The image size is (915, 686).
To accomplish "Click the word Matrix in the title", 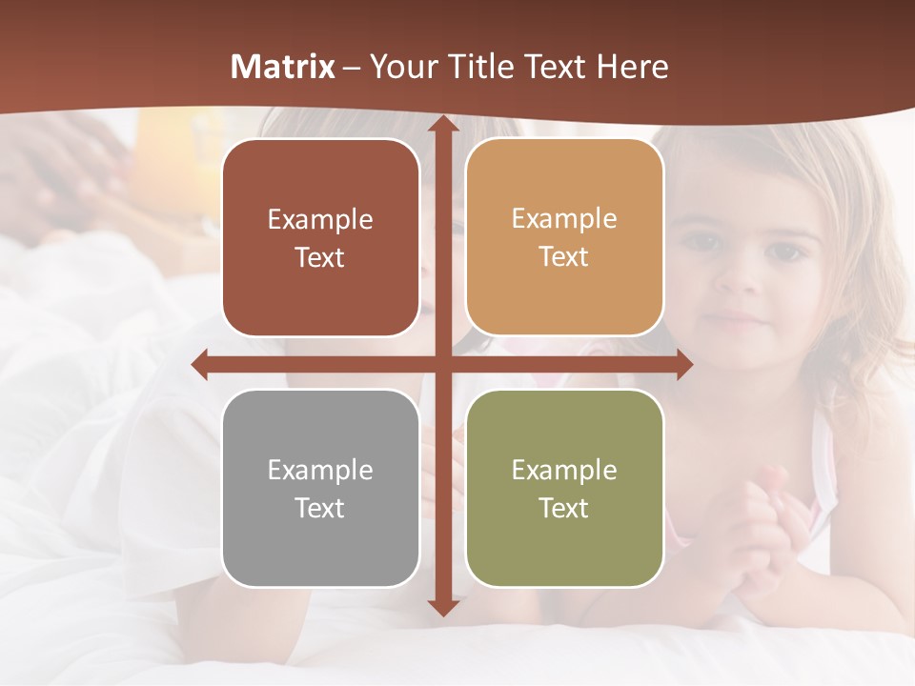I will tap(283, 67).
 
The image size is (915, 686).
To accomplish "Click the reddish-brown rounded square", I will tap(320, 237).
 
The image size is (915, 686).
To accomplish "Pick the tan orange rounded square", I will tap(564, 237).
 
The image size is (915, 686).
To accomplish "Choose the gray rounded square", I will tap(320, 488).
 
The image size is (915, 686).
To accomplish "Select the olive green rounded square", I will tap(564, 488).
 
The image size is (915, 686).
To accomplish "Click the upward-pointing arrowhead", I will tap(442, 125).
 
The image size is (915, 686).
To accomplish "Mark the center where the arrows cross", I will tap(442, 364).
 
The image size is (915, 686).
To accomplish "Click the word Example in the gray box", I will tap(320, 470).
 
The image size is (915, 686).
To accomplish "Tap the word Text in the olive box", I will tap(564, 508).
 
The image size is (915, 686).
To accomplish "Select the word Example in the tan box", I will tap(564, 218).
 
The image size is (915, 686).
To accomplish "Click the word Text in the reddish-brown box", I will tap(320, 257).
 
